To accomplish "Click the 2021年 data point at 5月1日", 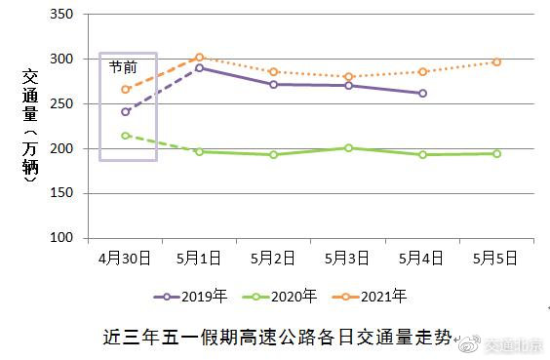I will click(199, 58).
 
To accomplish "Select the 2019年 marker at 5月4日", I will click(422, 94).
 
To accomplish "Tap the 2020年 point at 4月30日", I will click(125, 136).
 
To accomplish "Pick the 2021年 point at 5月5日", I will click(496, 62).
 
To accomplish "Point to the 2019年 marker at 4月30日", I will click(125, 112).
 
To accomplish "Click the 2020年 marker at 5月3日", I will click(348, 148).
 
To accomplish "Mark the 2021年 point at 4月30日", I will click(125, 90).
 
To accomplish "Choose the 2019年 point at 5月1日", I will click(199, 68).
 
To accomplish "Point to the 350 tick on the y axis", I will click(60, 16).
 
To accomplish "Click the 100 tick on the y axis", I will click(60, 238).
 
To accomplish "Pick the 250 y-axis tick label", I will click(60, 104).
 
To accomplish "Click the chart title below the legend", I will click(278, 339).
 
